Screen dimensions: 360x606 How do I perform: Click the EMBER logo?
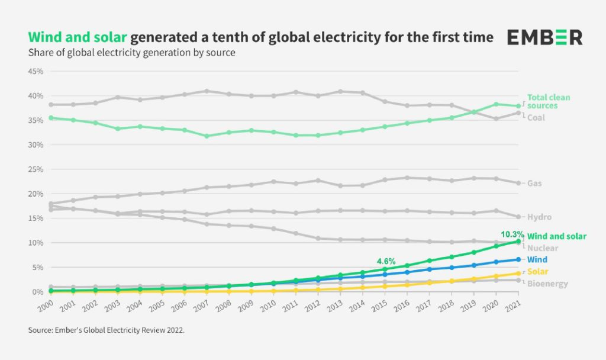[x=544, y=37]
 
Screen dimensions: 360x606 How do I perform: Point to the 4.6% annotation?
[x=386, y=259]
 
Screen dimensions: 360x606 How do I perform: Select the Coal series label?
[x=537, y=117]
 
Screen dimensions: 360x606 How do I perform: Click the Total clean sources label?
[x=549, y=101]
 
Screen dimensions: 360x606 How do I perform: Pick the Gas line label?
[x=534, y=184]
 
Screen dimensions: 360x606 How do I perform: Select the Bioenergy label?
[x=547, y=284]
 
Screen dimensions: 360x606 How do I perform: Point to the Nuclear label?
[x=542, y=248]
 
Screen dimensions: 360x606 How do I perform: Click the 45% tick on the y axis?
[x=36, y=71]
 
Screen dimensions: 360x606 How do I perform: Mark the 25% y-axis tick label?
[x=36, y=169]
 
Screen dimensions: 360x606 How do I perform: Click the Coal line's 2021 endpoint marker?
[x=518, y=113]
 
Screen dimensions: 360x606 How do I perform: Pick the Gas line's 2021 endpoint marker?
[x=518, y=184]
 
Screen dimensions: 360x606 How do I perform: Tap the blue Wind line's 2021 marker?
[x=518, y=259]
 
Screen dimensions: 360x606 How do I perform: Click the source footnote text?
[x=107, y=330]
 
